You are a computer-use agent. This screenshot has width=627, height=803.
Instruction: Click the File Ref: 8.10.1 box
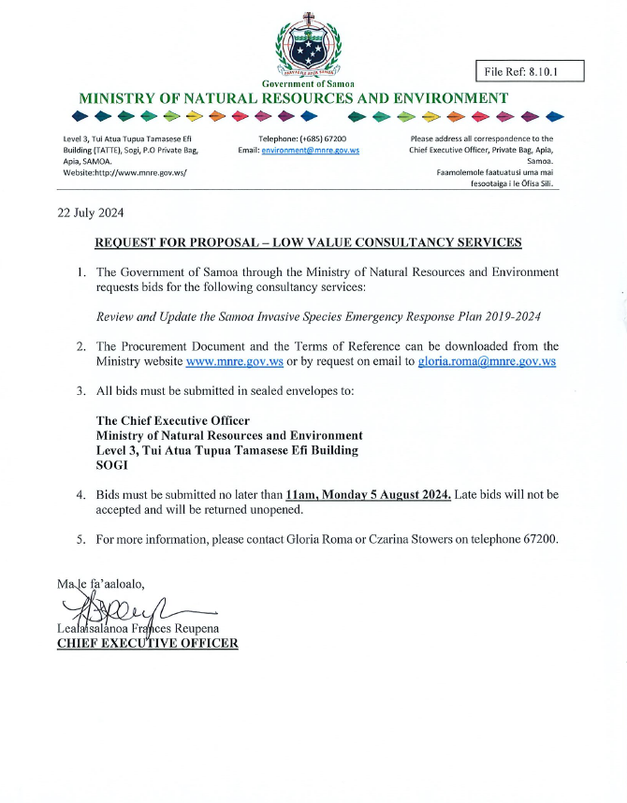pyautogui.click(x=530, y=71)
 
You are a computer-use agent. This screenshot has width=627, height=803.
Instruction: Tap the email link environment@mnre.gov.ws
pyautogui.click(x=311, y=150)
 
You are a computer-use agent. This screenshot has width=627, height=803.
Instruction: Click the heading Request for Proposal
pyautogui.click(x=308, y=243)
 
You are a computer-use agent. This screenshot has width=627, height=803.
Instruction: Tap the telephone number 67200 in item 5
pyautogui.click(x=541, y=539)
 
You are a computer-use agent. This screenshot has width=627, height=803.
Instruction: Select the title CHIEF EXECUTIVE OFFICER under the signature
pyautogui.click(x=148, y=643)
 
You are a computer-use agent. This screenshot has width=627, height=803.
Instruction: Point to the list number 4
pyautogui.click(x=81, y=494)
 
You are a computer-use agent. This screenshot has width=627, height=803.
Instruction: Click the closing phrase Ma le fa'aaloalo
pyautogui.click(x=101, y=586)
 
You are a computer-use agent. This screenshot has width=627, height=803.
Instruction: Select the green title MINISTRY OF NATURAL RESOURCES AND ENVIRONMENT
pyautogui.click(x=294, y=97)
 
